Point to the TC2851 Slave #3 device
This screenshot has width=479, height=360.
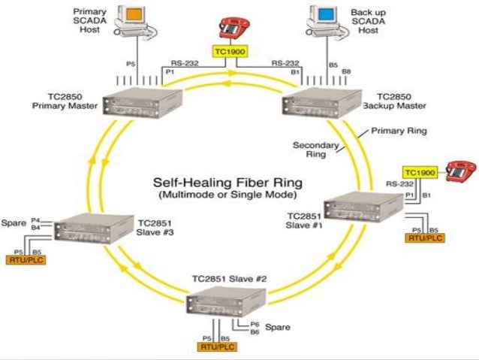coord(93,227)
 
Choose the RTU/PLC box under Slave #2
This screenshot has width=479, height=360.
coord(217,346)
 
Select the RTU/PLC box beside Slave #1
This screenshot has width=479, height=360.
coord(424,237)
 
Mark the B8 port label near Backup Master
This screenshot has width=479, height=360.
coord(345,71)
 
